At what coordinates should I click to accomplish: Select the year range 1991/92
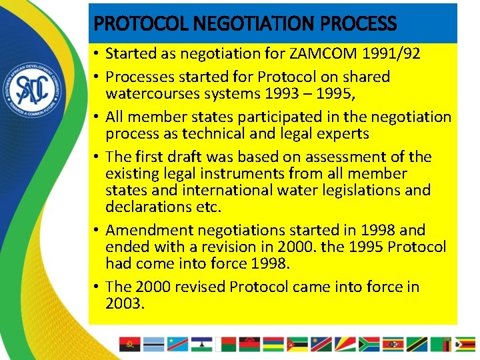pos(390,54)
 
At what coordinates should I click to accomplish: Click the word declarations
pos(149,207)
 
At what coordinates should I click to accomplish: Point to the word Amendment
pos(151,230)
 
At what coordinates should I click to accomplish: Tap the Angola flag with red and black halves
pos(129,344)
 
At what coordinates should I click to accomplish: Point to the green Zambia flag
pos(443,344)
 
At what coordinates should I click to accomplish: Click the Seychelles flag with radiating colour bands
pos(345,344)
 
